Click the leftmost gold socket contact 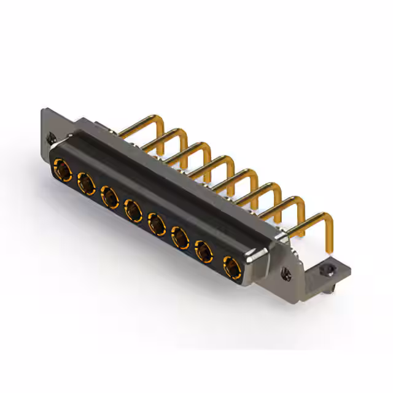click(61, 167)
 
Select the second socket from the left click(85, 182)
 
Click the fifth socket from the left click(156, 225)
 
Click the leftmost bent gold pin click(138, 123)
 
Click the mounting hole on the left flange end click(50, 139)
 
